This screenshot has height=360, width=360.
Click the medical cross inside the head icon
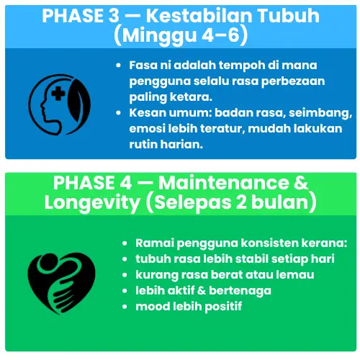click(x=58, y=94)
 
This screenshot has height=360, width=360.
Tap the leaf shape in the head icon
click(x=78, y=100)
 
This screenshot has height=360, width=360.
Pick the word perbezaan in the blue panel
click(x=293, y=81)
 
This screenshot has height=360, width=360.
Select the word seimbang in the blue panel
click(x=320, y=113)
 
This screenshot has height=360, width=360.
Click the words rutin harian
click(x=166, y=145)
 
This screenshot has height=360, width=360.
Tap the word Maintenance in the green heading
click(x=224, y=183)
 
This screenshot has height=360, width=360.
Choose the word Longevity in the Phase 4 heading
click(x=92, y=203)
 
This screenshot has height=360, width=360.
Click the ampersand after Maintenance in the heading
click(x=300, y=183)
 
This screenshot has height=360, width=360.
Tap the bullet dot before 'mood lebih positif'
click(x=125, y=307)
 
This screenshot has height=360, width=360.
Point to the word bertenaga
click(x=240, y=291)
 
